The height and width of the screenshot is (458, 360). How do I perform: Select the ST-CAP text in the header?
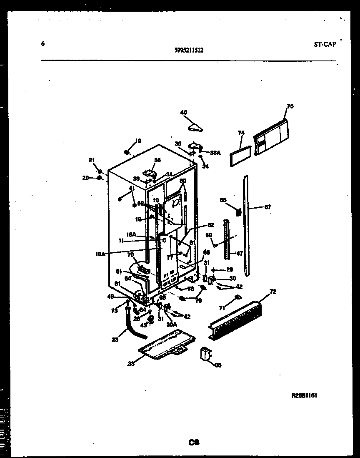[325, 44]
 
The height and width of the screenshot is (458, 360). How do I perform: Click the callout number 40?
[184, 112]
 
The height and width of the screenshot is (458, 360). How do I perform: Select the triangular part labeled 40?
[194, 126]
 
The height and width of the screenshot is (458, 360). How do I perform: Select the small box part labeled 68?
[205, 355]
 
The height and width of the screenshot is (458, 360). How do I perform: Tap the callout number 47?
[240, 253]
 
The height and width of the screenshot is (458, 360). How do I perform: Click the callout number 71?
[222, 308]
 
